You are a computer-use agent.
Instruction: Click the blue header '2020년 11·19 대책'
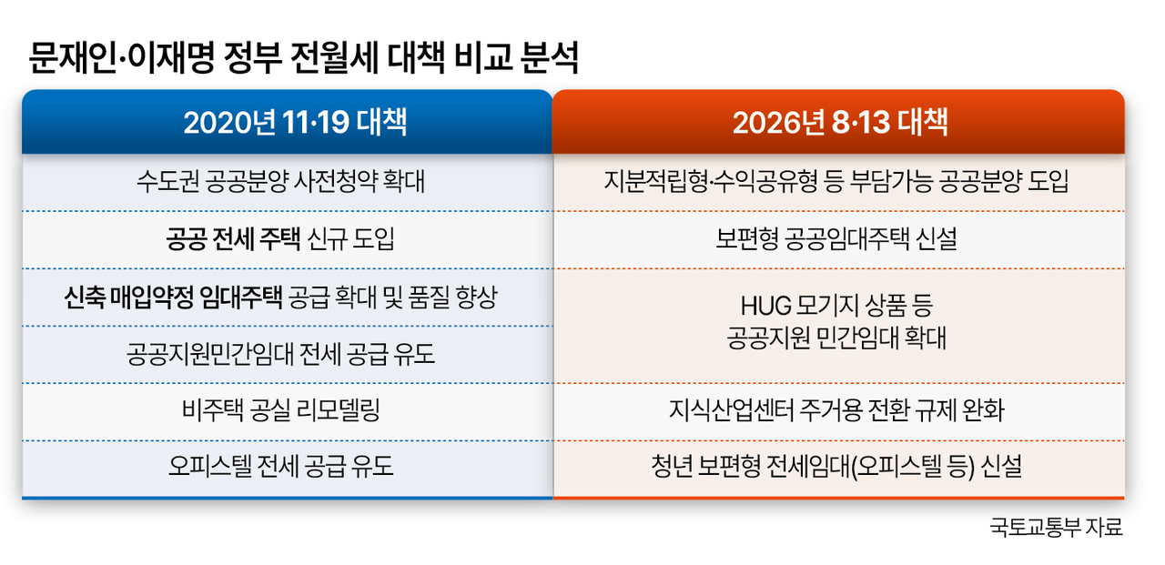295,123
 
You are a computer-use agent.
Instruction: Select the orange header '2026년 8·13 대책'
840,123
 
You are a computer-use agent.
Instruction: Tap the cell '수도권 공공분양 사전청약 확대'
281,181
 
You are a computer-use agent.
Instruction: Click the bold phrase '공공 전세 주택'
233,239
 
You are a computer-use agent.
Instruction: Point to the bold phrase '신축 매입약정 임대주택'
173,297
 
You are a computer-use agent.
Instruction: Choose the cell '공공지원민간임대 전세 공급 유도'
281,354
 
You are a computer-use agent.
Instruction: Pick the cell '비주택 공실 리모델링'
281,410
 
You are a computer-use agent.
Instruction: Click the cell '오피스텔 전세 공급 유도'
281,466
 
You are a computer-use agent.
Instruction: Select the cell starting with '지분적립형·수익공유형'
836,181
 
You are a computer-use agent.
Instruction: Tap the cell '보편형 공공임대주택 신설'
836,239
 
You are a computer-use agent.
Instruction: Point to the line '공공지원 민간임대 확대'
836,338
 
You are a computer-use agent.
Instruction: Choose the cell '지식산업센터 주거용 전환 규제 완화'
836,410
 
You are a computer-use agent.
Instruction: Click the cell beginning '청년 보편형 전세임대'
836,466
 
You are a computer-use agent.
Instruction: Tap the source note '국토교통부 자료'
1056,527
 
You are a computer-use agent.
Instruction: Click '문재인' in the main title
73,57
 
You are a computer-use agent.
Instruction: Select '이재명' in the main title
170,57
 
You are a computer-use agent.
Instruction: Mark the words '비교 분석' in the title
516,57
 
